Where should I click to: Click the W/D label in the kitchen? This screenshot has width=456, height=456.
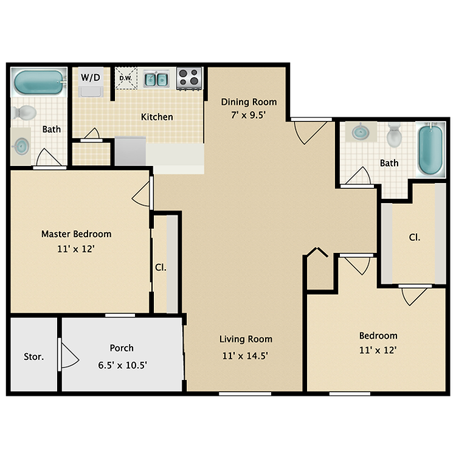(92, 77)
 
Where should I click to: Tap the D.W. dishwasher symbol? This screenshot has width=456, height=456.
(126, 78)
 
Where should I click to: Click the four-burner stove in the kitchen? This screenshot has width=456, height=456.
(189, 78)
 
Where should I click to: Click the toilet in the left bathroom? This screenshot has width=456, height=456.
(26, 112)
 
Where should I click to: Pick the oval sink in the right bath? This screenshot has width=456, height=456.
(360, 131)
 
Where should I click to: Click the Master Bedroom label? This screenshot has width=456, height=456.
(76, 233)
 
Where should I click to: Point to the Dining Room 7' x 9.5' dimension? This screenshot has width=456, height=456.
(248, 114)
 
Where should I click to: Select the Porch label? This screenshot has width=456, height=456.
(122, 348)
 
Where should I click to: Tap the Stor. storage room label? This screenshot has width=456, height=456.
(33, 357)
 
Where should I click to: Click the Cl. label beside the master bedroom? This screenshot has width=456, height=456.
(160, 267)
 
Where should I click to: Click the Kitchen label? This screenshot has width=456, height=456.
(157, 117)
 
